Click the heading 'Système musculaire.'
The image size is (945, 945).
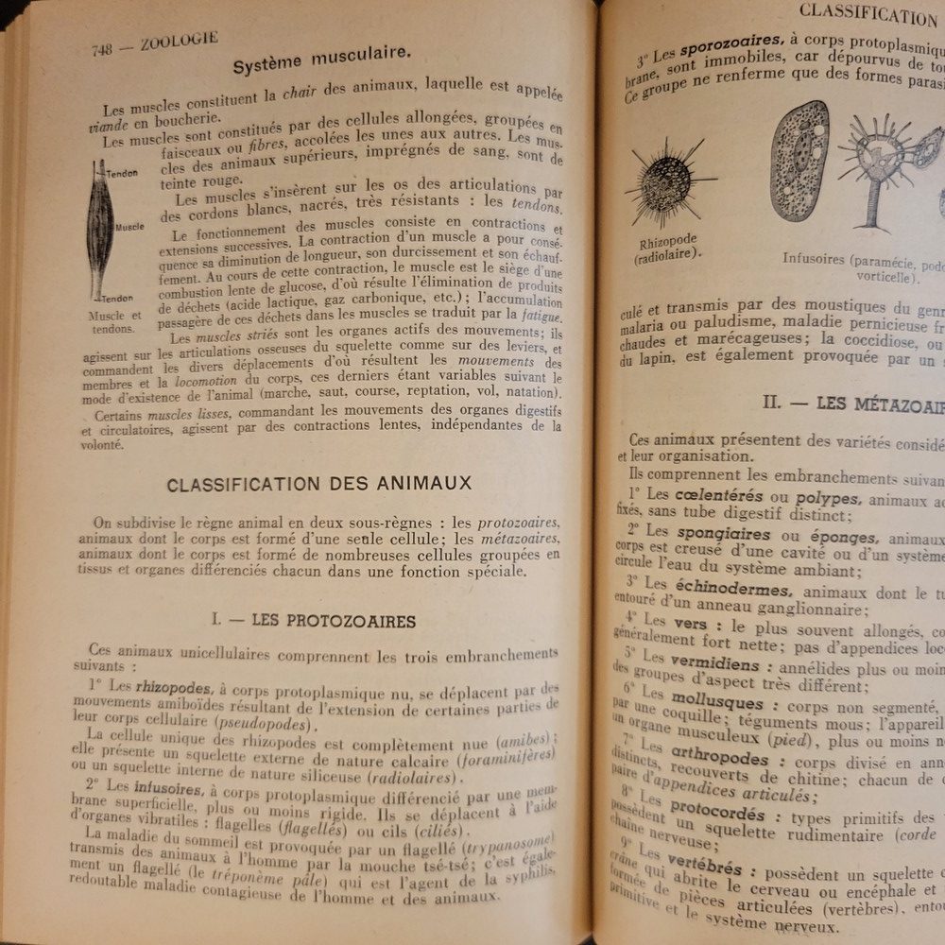tap(320, 66)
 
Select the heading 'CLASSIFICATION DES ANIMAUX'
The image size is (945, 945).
tap(318, 484)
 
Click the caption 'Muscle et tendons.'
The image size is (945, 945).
tap(114, 322)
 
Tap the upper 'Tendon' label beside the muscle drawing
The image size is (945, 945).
tap(122, 174)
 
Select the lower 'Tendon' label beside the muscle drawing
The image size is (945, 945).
tap(118, 298)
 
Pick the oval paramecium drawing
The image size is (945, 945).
tap(799, 161)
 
